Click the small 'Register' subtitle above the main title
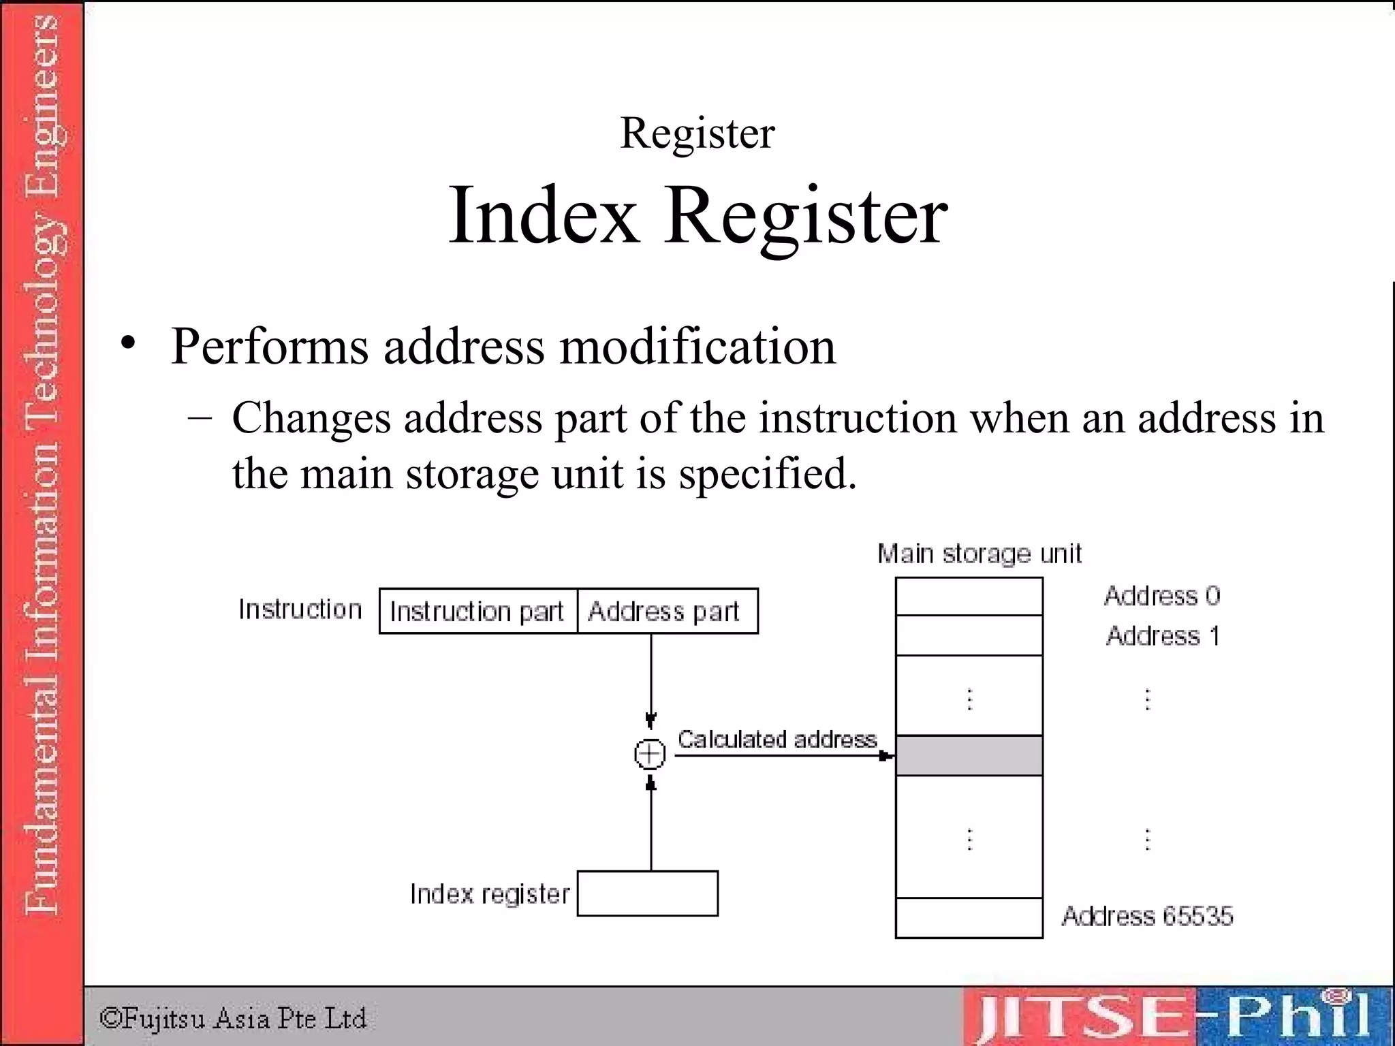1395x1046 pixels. pyautogui.click(x=697, y=133)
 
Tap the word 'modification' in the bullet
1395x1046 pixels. pyautogui.click(x=697, y=346)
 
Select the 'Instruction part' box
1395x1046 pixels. pyautogui.click(x=477, y=612)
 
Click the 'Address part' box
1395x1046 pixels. pyautogui.click(x=666, y=612)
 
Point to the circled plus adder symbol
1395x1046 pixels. pyautogui.click(x=650, y=754)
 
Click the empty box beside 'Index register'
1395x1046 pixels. pyautogui.click(x=647, y=893)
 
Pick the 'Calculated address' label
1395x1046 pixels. pyautogui.click(x=777, y=740)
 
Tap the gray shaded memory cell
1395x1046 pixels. pyautogui.click(x=969, y=755)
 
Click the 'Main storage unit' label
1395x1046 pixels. pyautogui.click(x=979, y=554)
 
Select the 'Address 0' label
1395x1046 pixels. pyautogui.click(x=1162, y=596)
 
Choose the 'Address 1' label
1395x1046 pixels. pyautogui.click(x=1162, y=636)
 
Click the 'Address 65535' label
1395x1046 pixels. pyautogui.click(x=1147, y=917)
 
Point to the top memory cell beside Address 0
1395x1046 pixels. pyautogui.click(x=969, y=597)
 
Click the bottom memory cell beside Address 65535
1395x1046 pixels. pyautogui.click(x=969, y=918)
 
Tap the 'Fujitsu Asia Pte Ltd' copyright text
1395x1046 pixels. pyautogui.click(x=233, y=1019)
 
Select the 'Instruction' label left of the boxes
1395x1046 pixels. pyautogui.click(x=300, y=609)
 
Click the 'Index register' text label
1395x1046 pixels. pyautogui.click(x=489, y=894)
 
